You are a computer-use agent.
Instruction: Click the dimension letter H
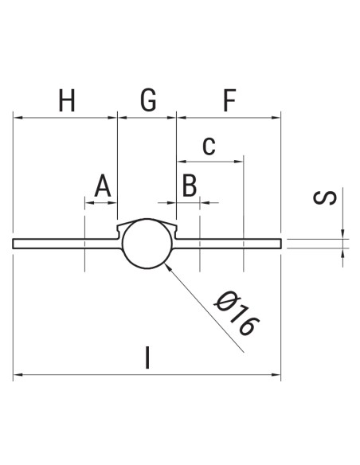click(68, 101)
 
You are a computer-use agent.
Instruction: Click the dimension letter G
click(148, 101)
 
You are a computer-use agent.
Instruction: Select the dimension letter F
click(229, 101)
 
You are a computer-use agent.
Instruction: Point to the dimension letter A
click(102, 187)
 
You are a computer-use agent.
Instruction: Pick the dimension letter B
click(189, 187)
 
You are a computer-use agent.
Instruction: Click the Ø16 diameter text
click(237, 315)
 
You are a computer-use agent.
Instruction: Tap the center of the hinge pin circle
click(147, 243)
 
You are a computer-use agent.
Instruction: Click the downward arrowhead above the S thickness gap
click(344, 233)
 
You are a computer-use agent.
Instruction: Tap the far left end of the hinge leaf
click(14, 243)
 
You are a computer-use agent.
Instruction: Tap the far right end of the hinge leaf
click(282, 243)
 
